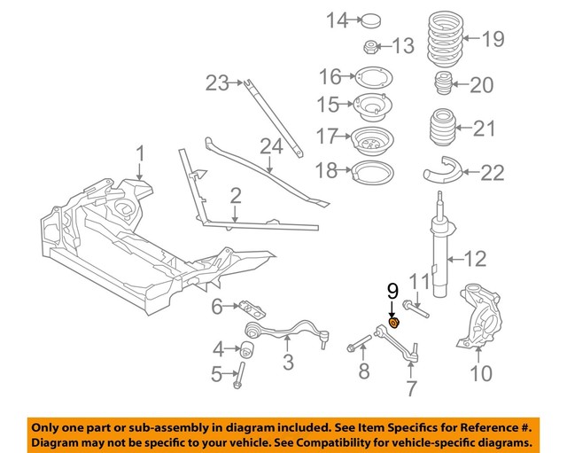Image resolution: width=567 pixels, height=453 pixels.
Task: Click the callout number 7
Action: (x=410, y=388)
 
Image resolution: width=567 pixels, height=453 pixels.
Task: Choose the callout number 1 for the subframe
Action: (x=139, y=158)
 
